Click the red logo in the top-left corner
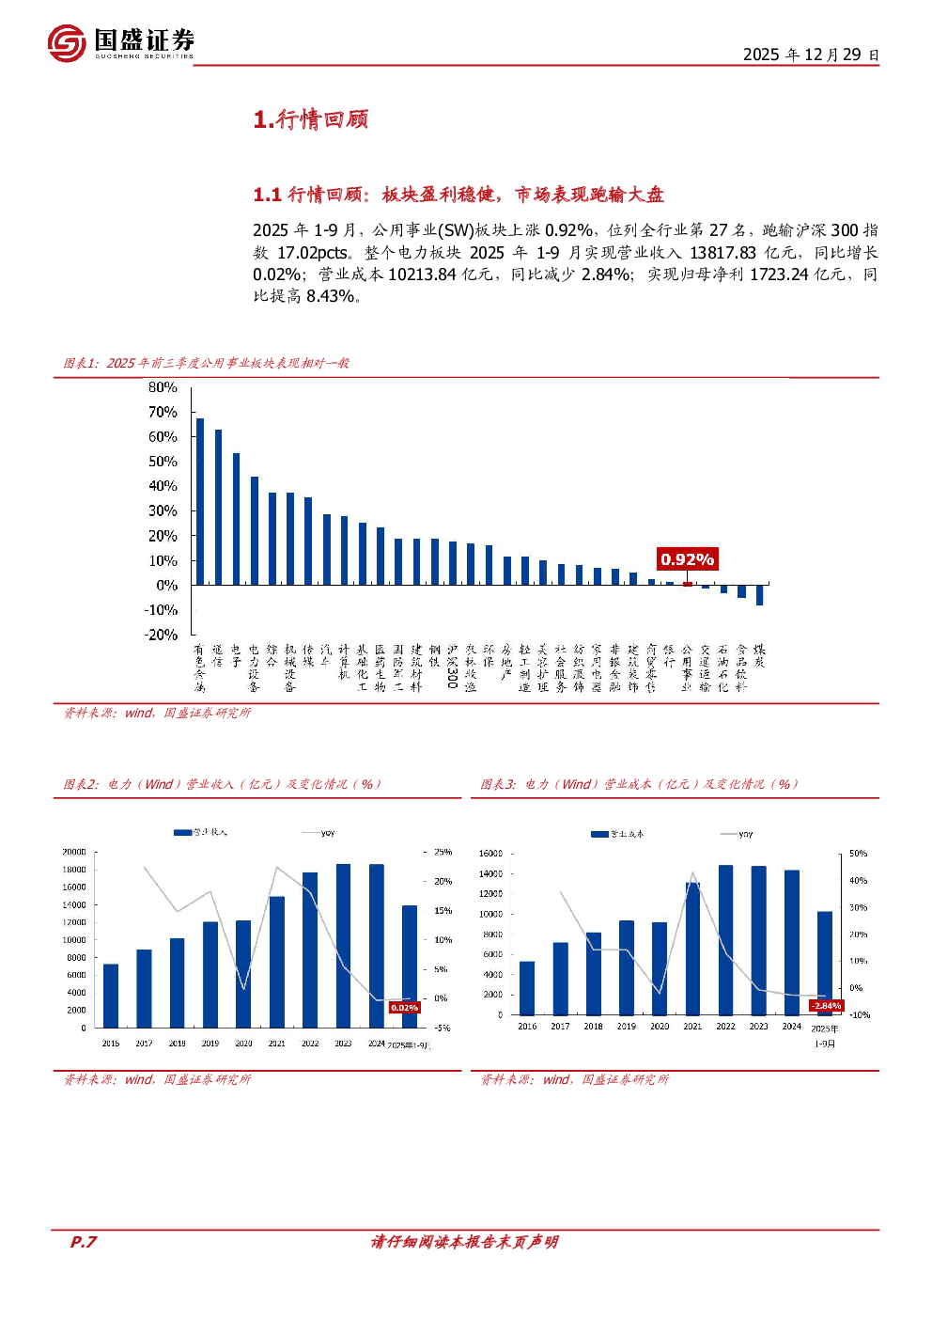(67, 43)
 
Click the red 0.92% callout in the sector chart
(687, 559)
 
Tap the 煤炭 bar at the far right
(759, 594)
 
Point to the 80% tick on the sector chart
(163, 387)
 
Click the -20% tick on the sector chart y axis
(161, 635)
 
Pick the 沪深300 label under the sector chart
(452, 667)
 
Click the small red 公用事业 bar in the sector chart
(687, 584)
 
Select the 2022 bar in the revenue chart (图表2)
(310, 950)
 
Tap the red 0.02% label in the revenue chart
(404, 1007)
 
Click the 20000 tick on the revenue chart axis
(74, 852)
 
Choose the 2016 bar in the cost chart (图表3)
(527, 988)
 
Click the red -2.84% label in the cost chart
(826, 1006)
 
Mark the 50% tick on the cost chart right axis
(858, 854)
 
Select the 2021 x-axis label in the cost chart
(692, 1027)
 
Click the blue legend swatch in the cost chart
(599, 834)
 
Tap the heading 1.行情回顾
(311, 119)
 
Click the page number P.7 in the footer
(84, 1242)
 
